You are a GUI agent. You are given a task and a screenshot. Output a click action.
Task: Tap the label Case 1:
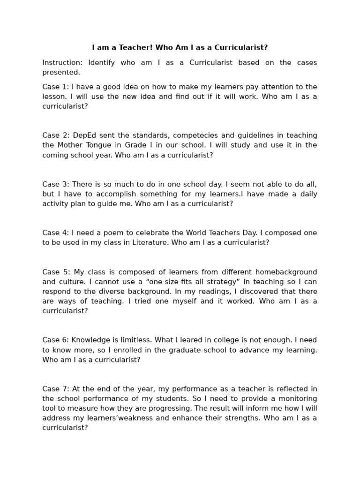click(x=55, y=87)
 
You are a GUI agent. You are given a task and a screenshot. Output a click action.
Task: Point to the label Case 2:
click(x=56, y=135)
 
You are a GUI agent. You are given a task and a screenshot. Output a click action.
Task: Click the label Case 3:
click(x=55, y=184)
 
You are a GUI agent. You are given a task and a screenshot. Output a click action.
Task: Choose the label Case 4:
click(x=55, y=233)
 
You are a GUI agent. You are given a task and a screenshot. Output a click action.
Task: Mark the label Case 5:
click(x=56, y=272)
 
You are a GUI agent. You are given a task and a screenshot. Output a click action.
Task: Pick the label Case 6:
click(x=55, y=340)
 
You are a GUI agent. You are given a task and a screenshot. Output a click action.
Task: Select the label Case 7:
click(x=55, y=389)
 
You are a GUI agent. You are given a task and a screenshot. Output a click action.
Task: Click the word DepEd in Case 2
click(x=83, y=135)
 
